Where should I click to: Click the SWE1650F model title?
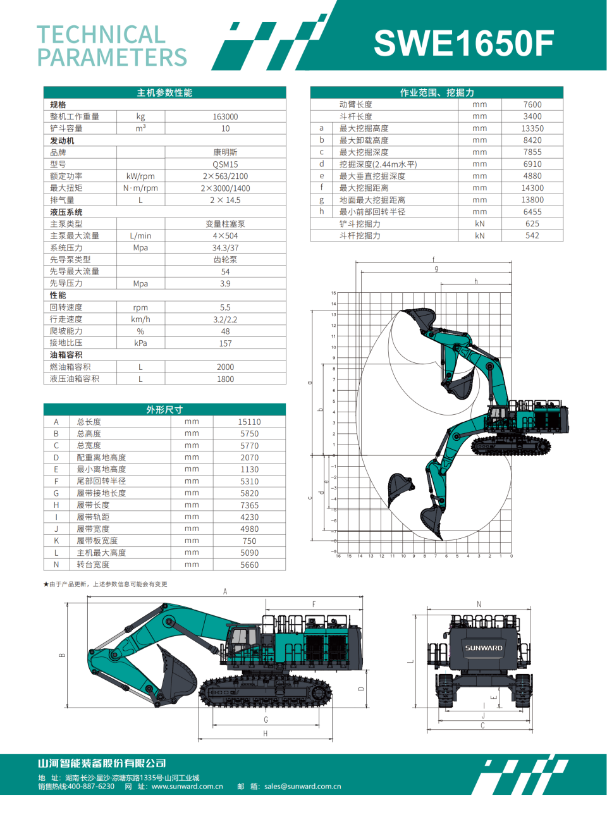[463, 43]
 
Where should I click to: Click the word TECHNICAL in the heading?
[101, 35]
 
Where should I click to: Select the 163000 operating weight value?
[225, 117]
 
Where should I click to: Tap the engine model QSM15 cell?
[225, 164]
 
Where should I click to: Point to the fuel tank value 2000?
[225, 367]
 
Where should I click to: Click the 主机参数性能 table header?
[164, 93]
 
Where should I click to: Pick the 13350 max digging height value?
[532, 128]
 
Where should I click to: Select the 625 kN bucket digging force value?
[532, 224]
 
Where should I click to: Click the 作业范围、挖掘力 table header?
[436, 93]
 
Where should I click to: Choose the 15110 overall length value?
[249, 422]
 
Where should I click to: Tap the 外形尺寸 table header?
[164, 410]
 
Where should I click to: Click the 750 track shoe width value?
[249, 541]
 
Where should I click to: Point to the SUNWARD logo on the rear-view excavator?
[484, 648]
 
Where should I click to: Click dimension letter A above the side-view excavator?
[225, 592]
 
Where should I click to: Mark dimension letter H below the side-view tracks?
[266, 734]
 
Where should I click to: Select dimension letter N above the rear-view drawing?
[479, 605]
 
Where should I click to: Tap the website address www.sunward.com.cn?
[187, 787]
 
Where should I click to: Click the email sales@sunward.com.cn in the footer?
[302, 787]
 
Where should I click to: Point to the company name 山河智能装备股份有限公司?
[102, 763]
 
